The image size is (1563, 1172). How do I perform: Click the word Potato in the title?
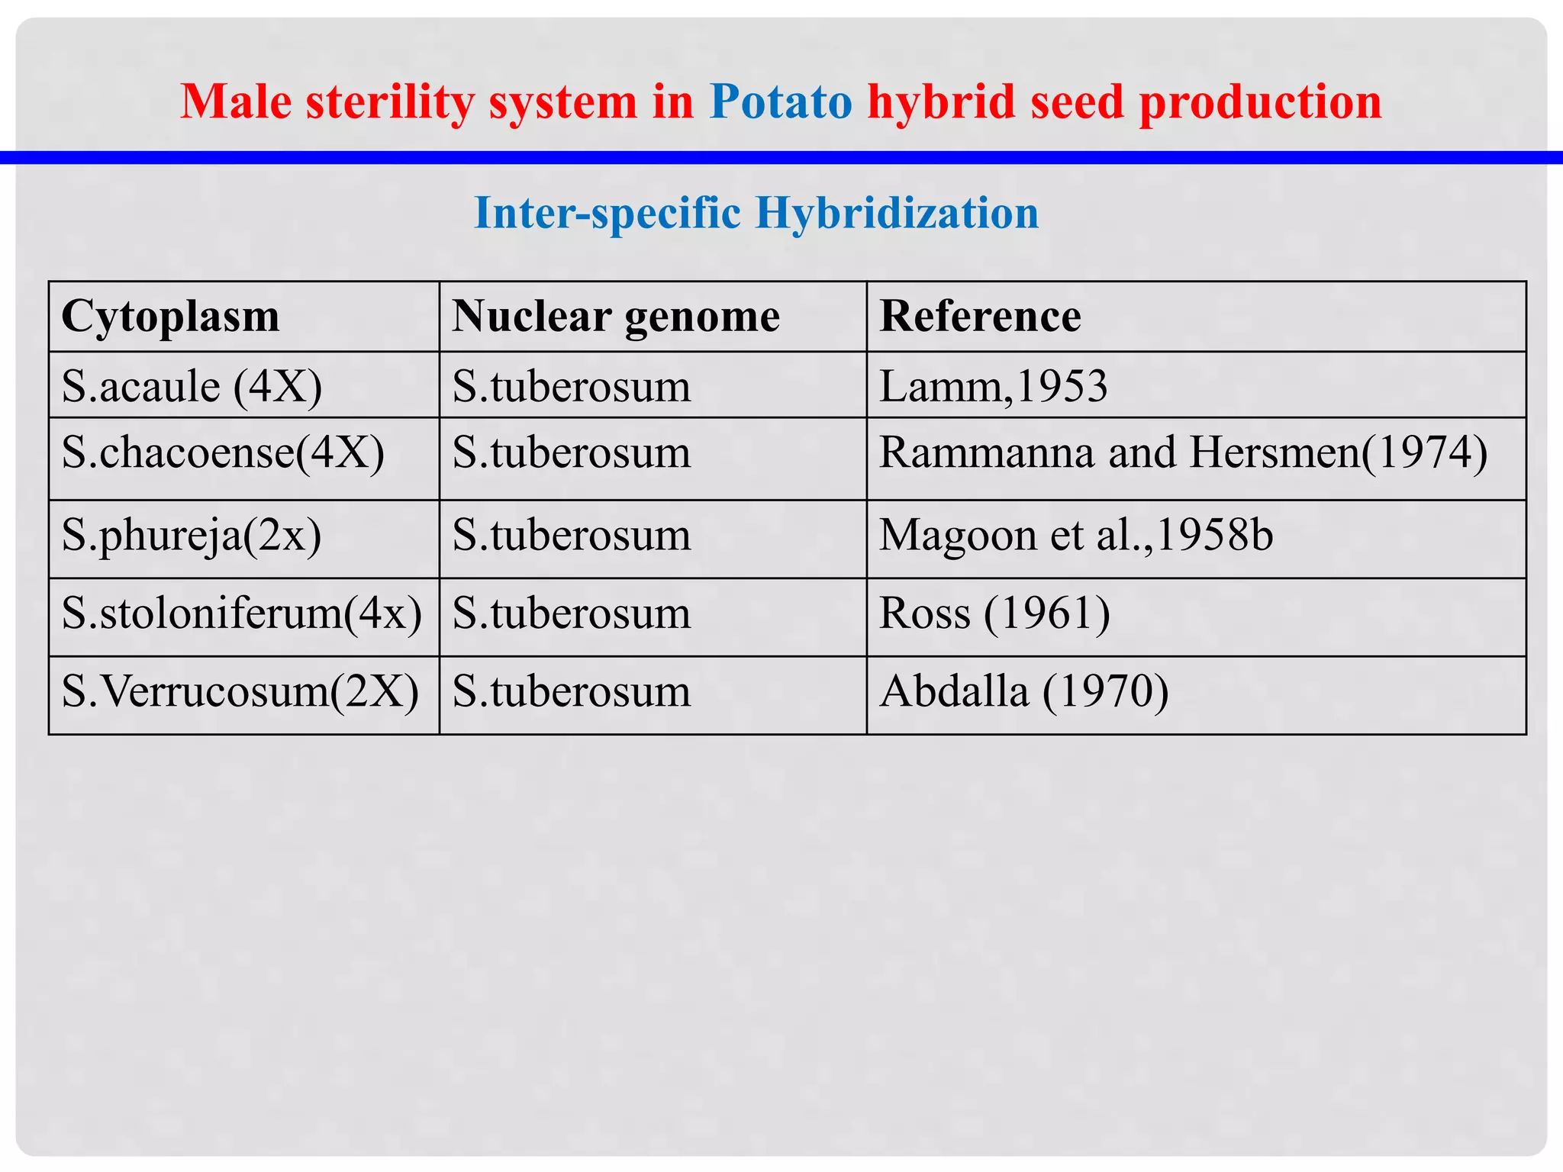[780, 101]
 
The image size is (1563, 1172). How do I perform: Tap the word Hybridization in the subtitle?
[897, 212]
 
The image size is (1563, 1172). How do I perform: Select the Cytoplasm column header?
[171, 316]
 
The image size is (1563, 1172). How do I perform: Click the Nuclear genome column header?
[616, 316]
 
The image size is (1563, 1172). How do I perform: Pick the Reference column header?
[980, 316]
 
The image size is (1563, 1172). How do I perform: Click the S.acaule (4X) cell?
[192, 386]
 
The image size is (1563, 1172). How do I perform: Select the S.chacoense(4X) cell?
[223, 452]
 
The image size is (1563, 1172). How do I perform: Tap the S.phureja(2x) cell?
[192, 535]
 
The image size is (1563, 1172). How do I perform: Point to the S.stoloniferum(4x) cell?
[241, 613]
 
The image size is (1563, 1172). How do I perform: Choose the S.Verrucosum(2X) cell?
[240, 691]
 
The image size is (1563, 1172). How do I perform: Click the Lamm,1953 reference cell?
[993, 386]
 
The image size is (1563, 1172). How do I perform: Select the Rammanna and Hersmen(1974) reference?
[1183, 452]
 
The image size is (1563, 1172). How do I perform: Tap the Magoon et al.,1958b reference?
[1076, 535]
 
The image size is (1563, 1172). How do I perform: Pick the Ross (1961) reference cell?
[994, 613]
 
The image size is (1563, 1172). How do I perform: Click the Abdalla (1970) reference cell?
[1023, 691]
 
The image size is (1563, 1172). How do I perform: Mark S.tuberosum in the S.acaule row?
[571, 386]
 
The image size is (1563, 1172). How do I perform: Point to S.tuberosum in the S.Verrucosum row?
[571, 691]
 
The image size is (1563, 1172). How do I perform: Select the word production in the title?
[1260, 101]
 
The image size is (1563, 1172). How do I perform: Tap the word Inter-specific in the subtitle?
[607, 212]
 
